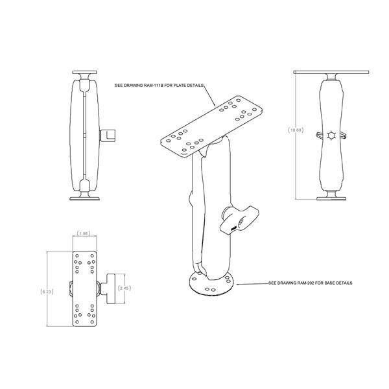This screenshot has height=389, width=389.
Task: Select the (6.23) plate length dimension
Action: point(47,292)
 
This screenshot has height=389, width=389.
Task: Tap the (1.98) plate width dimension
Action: point(83,233)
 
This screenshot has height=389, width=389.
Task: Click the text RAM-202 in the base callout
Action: point(307,284)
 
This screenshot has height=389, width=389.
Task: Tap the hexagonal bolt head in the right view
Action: point(331,136)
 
